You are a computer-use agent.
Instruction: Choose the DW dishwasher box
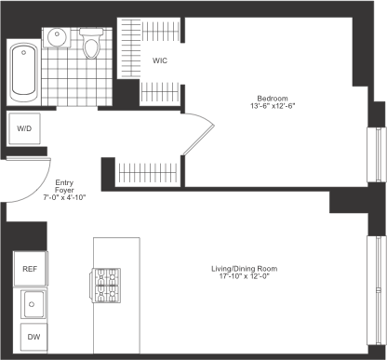(x=33, y=337)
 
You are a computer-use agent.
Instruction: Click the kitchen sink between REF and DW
(x=33, y=303)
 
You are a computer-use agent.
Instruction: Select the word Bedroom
(x=273, y=98)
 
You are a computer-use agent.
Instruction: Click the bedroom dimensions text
(x=273, y=106)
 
